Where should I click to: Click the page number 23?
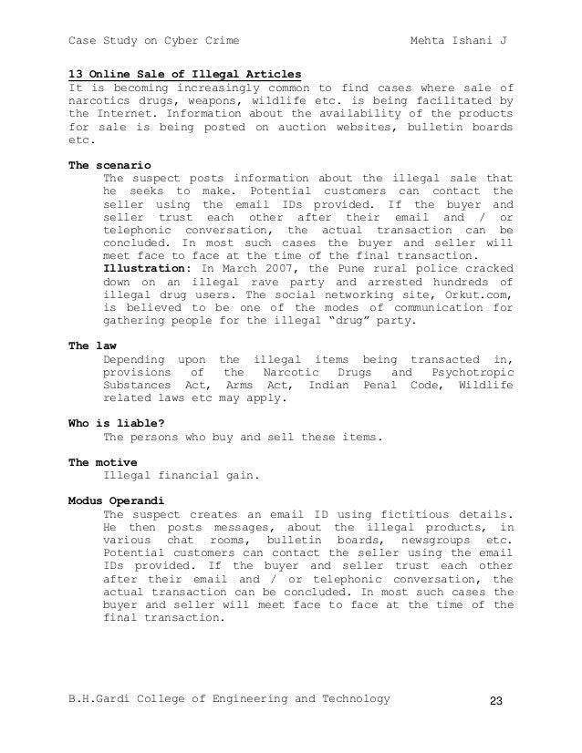496,700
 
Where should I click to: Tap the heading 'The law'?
91,347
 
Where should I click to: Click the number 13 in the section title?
77,74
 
